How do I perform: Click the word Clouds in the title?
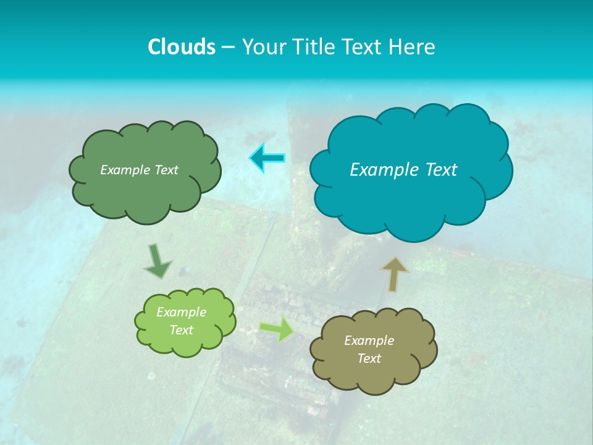coord(181,47)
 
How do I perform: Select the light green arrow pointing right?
coord(277,329)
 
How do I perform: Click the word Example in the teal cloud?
coord(383,169)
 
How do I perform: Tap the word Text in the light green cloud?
coord(182,330)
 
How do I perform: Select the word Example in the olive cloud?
coord(369,341)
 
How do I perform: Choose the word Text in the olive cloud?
coord(369,358)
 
